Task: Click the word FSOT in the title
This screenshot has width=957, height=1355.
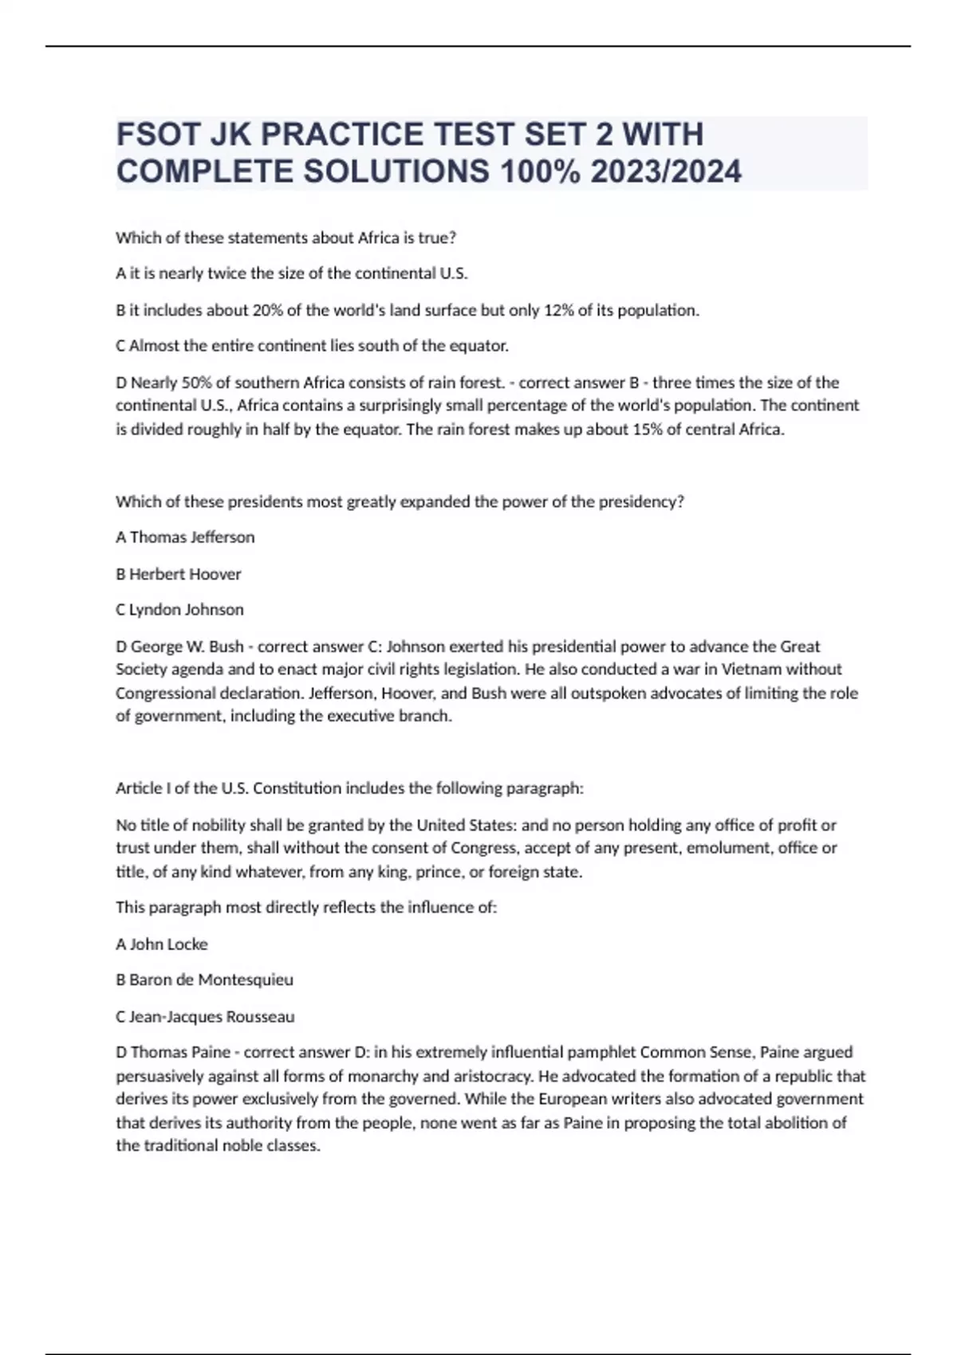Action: tap(157, 135)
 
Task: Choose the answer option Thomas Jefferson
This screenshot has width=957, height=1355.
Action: tap(192, 537)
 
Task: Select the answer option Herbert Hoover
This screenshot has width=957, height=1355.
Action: tap(185, 574)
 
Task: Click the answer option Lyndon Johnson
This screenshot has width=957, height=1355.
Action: tap(187, 610)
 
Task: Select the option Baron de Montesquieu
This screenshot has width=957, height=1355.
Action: tap(211, 980)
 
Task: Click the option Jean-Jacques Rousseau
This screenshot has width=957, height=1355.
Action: tap(212, 1017)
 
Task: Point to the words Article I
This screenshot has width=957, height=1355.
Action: tap(143, 788)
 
